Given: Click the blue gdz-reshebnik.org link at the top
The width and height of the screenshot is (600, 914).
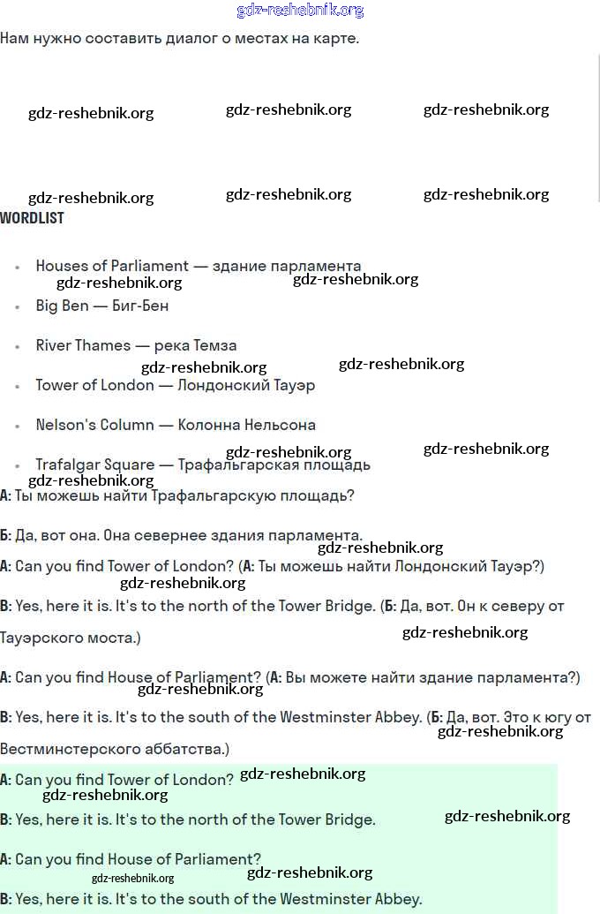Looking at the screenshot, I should tap(300, 11).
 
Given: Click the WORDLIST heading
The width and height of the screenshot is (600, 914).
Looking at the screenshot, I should tap(33, 218).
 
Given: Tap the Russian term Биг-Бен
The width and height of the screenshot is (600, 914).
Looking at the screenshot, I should tap(140, 306).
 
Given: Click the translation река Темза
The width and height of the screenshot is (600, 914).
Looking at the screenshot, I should tap(195, 345).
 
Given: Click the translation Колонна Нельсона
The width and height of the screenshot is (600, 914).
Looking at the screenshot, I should tap(246, 425).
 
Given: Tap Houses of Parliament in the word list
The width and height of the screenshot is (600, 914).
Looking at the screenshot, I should tap(112, 266).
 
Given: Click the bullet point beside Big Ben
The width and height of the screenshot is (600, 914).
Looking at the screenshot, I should tap(17, 306).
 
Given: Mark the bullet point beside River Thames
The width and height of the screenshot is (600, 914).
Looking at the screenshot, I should tap(17, 346).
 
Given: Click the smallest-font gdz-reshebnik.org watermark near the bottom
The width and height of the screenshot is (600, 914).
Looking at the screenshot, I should tap(132, 878).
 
